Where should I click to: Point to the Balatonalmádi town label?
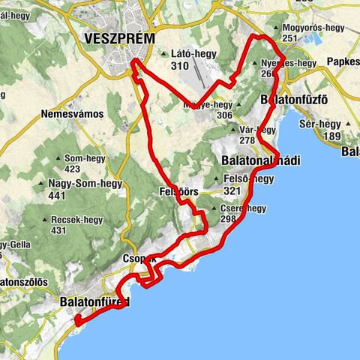pos(260,160)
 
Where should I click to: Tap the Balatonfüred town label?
pos(94,302)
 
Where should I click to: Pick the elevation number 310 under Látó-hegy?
pos(179,66)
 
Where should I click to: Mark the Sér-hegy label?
pos(327,125)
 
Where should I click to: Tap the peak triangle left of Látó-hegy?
pos(163,53)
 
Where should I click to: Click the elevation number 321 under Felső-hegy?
pos(231,190)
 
